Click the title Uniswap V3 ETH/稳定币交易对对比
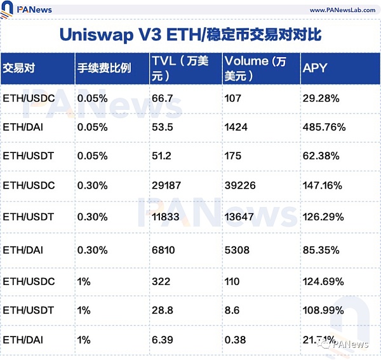pyautogui.click(x=190, y=35)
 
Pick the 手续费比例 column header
pyautogui.click(x=104, y=68)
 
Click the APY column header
pyautogui.click(x=315, y=68)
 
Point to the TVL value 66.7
pyautogui.click(x=163, y=98)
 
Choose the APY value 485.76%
pyautogui.click(x=324, y=127)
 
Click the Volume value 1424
pyautogui.click(x=236, y=127)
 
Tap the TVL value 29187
pyautogui.click(x=167, y=185)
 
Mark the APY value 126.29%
pyautogui.click(x=323, y=217)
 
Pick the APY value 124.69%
pyautogui.click(x=323, y=281)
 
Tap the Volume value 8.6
pyautogui.click(x=232, y=310)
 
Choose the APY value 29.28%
pyautogui.click(x=321, y=98)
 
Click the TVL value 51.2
pyautogui.click(x=163, y=155)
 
